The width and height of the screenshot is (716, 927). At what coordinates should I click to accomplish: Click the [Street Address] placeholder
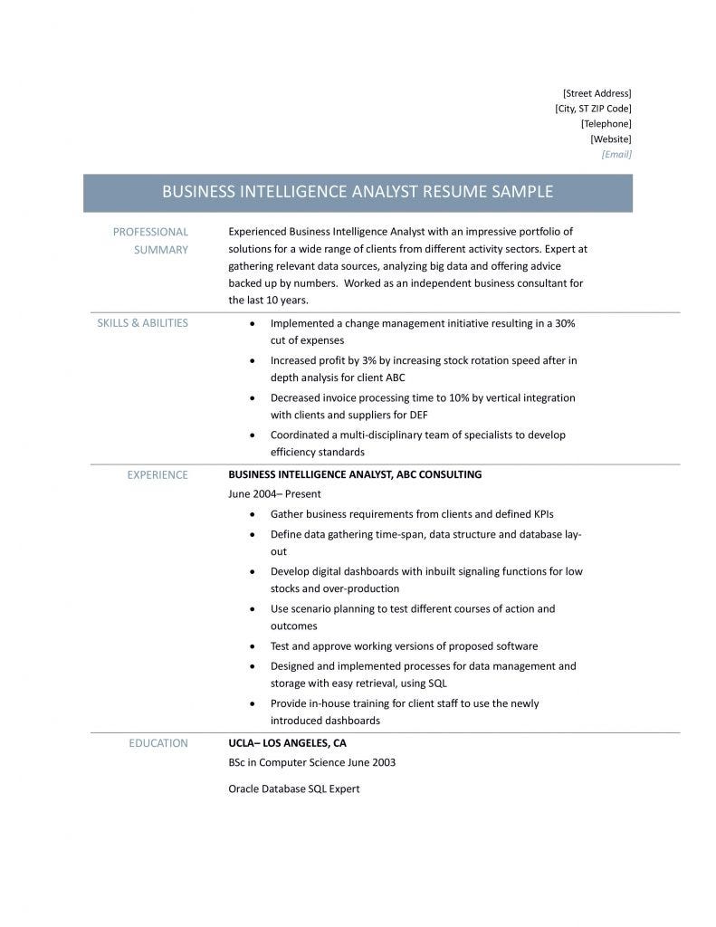[597, 93]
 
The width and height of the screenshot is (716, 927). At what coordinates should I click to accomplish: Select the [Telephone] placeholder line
[606, 124]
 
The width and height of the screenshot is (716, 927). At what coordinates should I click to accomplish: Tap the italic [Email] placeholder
[616, 155]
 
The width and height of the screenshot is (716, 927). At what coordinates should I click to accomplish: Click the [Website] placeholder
[610, 139]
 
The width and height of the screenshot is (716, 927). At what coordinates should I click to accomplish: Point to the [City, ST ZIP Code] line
[593, 109]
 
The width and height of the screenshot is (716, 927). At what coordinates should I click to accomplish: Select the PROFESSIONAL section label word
[150, 232]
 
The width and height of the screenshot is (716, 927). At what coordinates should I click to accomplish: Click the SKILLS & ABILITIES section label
[142, 323]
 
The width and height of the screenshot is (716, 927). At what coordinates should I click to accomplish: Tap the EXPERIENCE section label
[158, 474]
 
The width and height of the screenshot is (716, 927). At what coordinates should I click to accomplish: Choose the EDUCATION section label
[158, 743]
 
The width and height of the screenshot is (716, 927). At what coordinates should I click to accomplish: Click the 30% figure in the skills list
[565, 323]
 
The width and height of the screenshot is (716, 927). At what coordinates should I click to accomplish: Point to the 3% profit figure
[357, 360]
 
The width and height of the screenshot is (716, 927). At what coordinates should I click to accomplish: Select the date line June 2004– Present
[274, 494]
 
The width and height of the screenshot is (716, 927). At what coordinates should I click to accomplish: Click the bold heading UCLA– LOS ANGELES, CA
[287, 743]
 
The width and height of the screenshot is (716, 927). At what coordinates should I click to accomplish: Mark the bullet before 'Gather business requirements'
[251, 514]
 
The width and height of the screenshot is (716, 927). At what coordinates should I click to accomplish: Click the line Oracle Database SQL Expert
[293, 788]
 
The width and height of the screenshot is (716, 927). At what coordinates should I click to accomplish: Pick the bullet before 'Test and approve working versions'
[251, 647]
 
